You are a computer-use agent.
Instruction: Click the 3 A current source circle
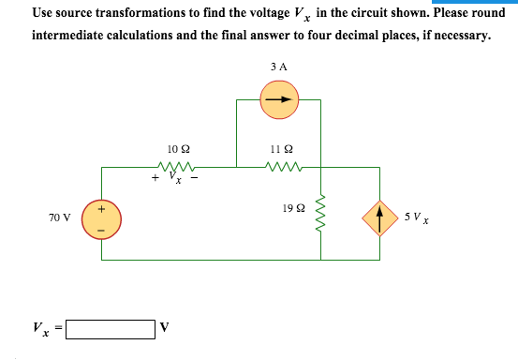pos(279,99)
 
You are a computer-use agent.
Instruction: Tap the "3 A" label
pos(278,67)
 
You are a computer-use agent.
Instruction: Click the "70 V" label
pos(59,217)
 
